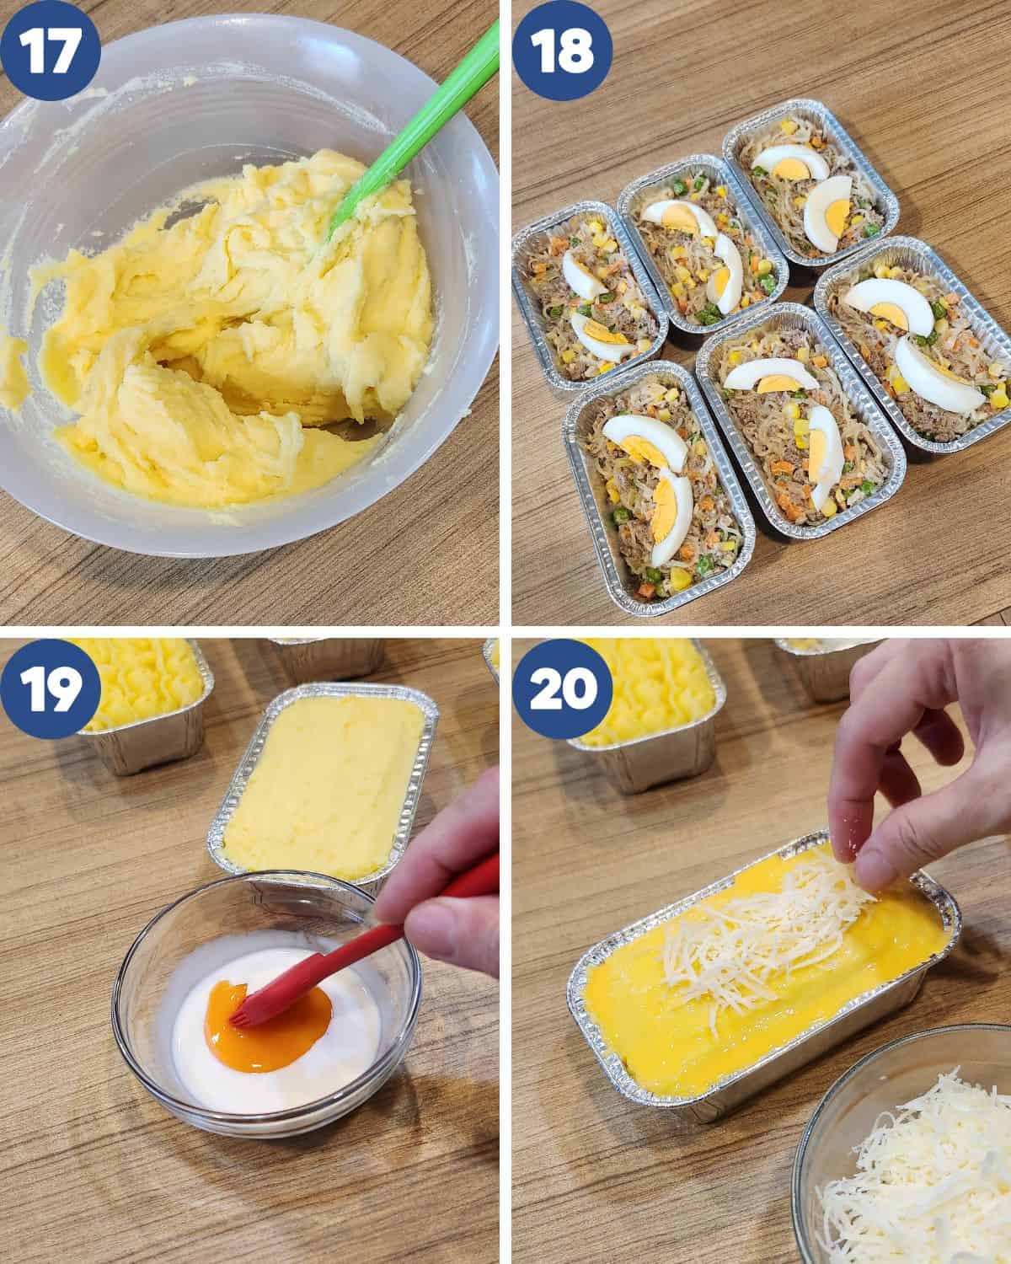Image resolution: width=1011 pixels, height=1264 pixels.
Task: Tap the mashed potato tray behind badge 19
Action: pos(139,699)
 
